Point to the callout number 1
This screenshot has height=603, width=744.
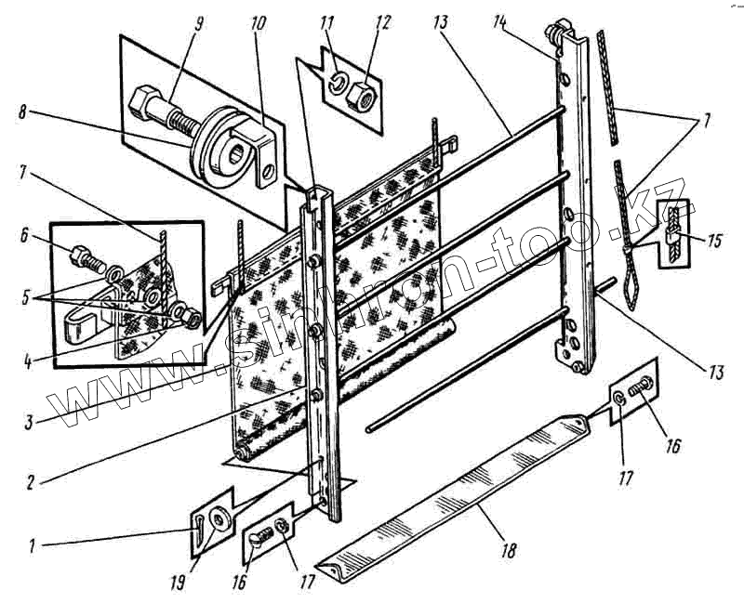[x=31, y=547]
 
